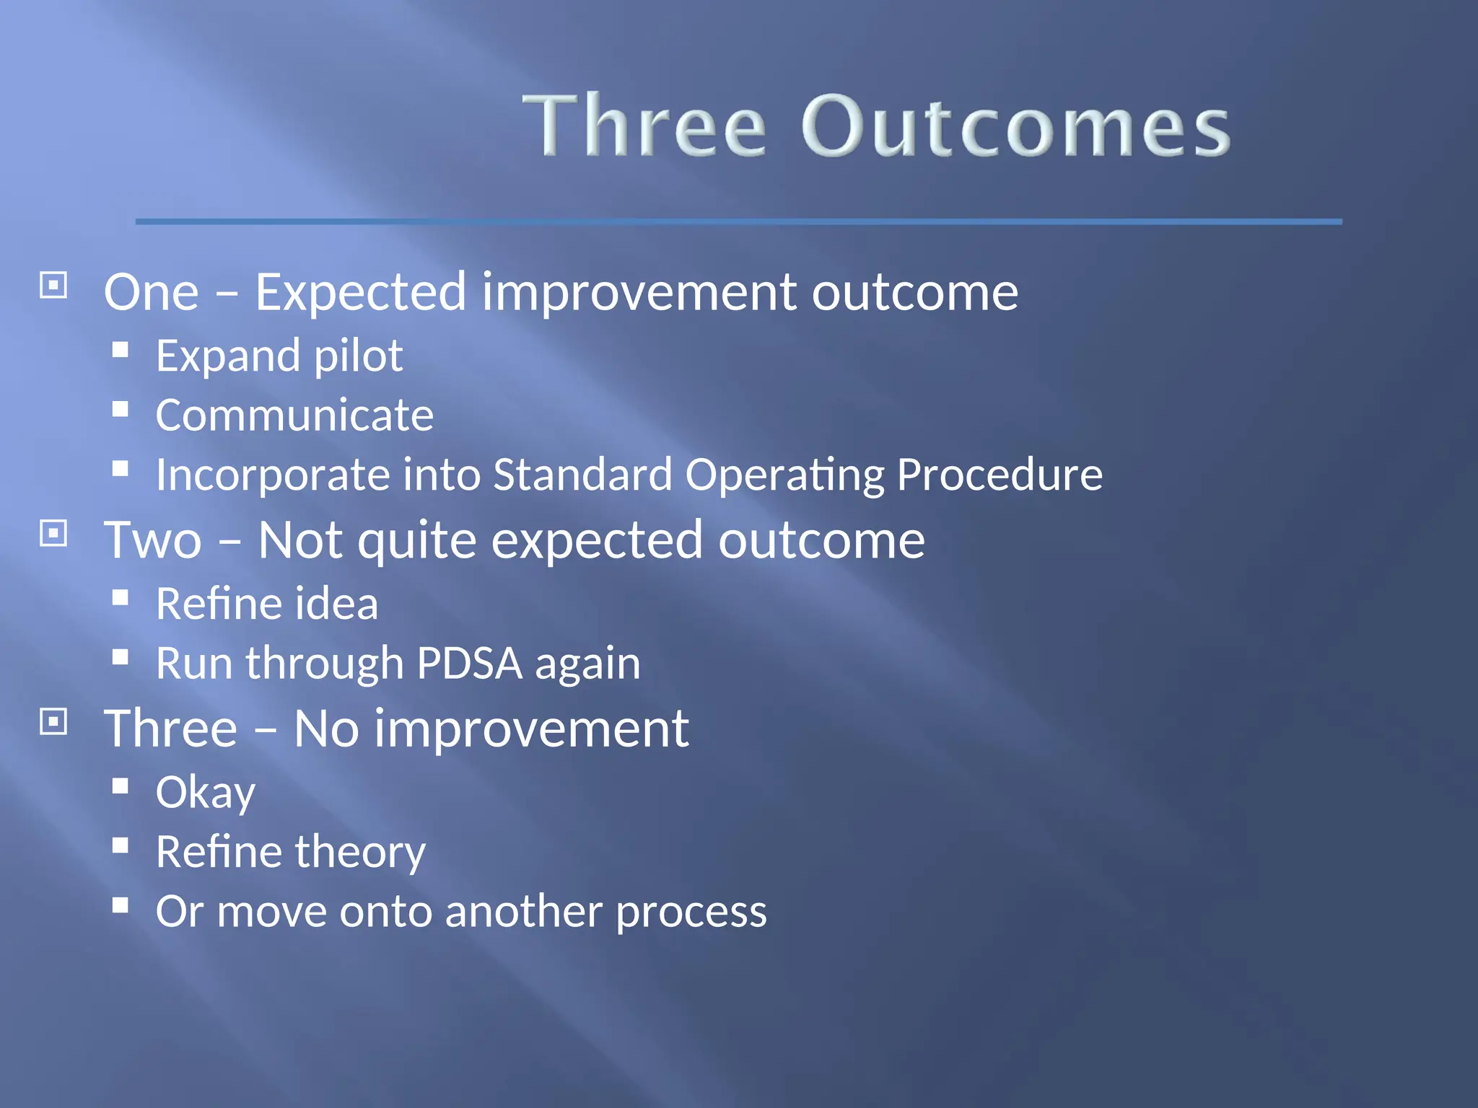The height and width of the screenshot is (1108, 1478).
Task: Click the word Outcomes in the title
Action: click(x=1016, y=127)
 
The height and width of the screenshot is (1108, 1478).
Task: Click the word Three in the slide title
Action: click(x=644, y=127)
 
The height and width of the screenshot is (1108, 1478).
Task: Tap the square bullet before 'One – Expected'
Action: click(x=53, y=286)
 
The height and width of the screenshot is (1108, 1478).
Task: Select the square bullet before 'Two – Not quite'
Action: click(x=53, y=534)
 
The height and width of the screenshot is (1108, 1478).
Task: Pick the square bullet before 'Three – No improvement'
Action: click(x=53, y=721)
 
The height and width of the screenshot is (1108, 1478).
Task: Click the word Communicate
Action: click(x=294, y=415)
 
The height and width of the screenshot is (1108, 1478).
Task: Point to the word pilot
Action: click(x=358, y=356)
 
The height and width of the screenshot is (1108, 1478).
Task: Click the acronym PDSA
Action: click(x=469, y=664)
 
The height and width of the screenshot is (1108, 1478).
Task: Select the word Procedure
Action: click(x=1000, y=475)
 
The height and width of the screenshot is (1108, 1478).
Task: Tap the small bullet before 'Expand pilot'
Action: click(x=121, y=351)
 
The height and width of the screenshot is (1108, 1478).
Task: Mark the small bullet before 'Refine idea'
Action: click(x=121, y=598)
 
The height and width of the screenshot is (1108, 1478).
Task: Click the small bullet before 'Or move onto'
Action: click(x=121, y=905)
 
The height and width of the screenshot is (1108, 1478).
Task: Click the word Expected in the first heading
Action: click(x=361, y=293)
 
